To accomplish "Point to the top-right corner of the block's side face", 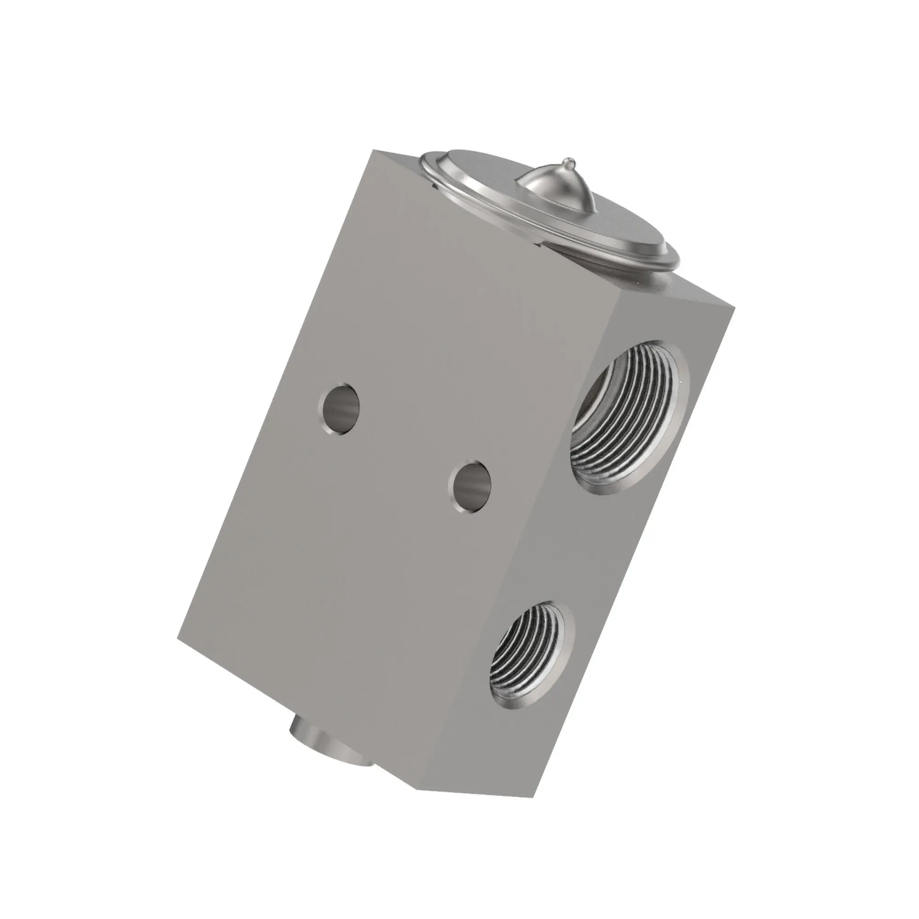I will pyautogui.click(x=735, y=306).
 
